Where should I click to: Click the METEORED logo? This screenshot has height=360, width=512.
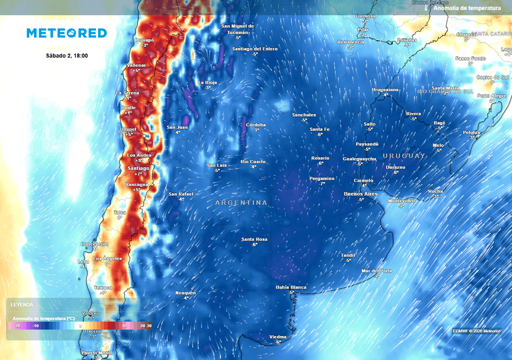[x=66, y=33]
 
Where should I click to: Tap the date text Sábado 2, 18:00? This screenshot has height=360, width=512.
[x=66, y=55]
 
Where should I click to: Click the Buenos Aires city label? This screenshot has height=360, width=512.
[x=360, y=194]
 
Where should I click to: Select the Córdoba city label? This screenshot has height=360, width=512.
[x=256, y=125]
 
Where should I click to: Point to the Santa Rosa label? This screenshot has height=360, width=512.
[x=254, y=239]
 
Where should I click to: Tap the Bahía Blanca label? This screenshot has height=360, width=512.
[x=291, y=287]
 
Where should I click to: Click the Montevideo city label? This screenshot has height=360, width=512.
[x=401, y=201]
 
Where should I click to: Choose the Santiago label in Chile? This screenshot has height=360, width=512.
[x=138, y=168]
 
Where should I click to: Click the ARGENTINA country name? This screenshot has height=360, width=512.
[x=241, y=203]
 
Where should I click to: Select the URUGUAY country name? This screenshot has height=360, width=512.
[x=404, y=156]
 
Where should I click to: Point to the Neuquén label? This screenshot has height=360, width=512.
[x=185, y=293]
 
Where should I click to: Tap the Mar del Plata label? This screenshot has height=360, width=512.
[x=376, y=271]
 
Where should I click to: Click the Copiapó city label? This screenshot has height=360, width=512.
[x=144, y=40]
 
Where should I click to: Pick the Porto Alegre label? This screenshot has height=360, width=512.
[x=491, y=95]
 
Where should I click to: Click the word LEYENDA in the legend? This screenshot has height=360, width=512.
[x=21, y=304]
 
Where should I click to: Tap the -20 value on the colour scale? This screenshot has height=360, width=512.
[x=17, y=326]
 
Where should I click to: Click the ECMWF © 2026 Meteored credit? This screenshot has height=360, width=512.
[x=476, y=331]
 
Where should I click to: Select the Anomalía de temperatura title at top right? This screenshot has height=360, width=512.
[x=467, y=8]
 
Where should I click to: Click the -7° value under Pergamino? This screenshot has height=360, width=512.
[x=322, y=184]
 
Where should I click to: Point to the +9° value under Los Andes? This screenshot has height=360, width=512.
[x=138, y=160]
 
